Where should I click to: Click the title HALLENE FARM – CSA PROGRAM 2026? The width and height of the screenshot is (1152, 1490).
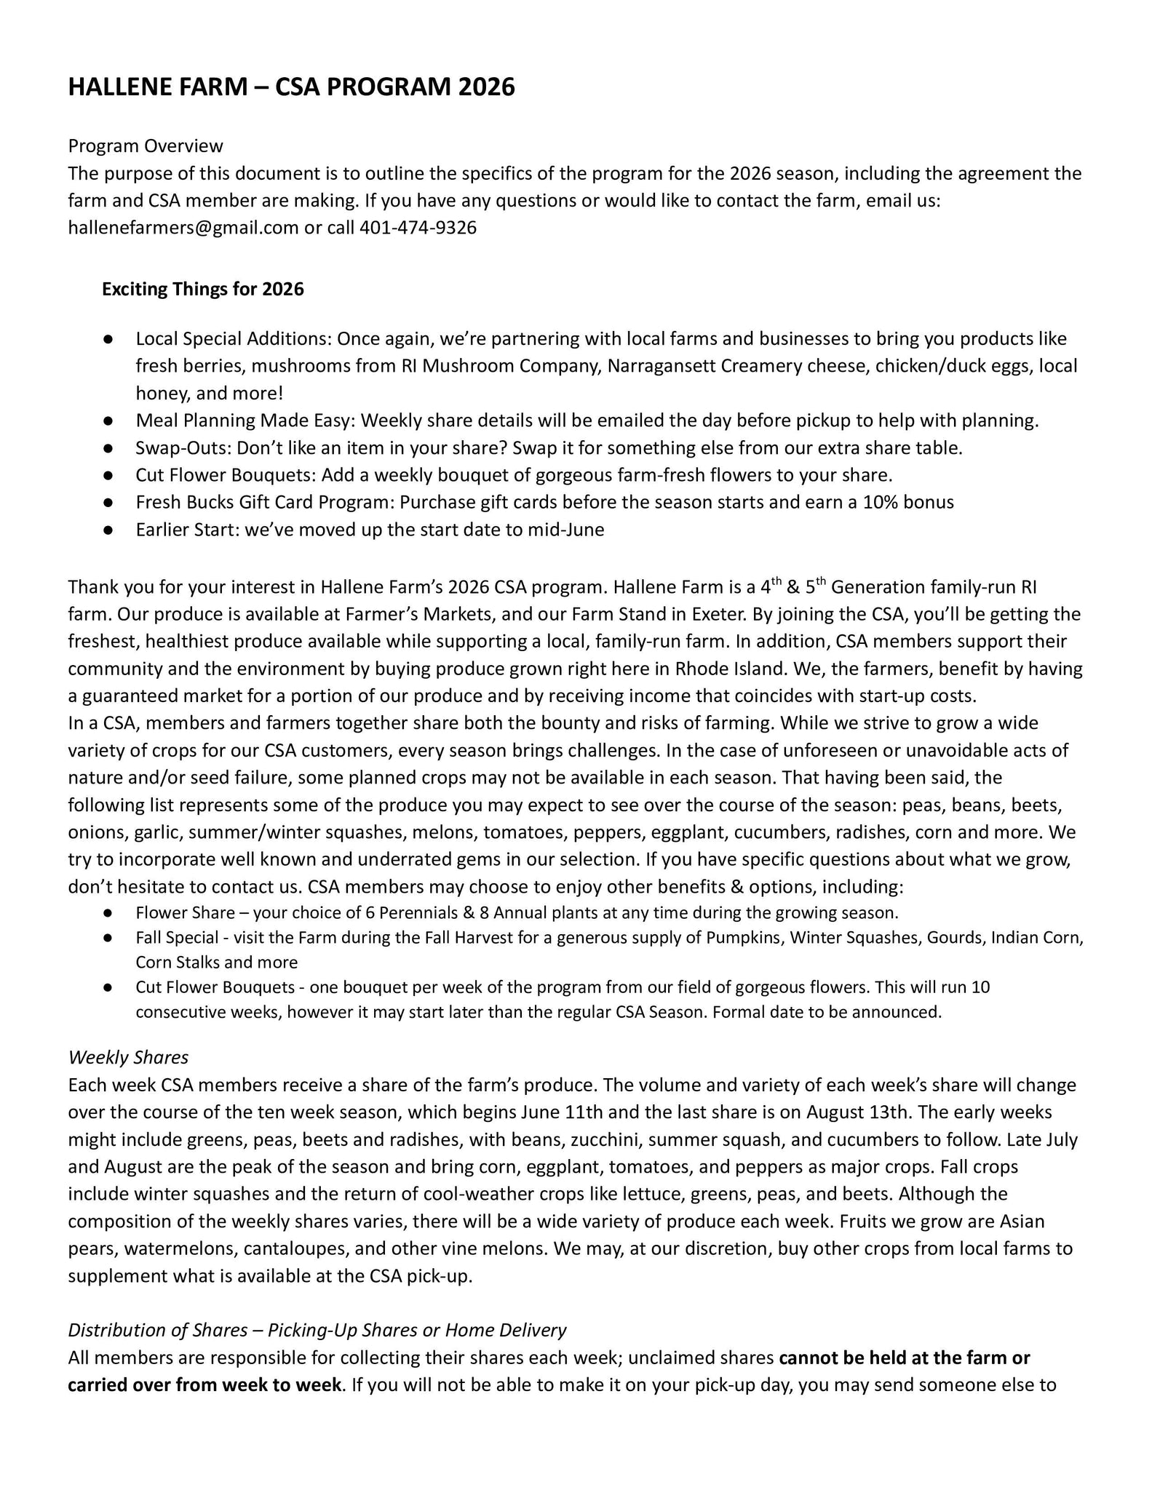291,87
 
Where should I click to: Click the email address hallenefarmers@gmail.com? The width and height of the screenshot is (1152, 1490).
183,228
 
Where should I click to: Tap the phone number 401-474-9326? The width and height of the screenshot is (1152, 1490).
418,228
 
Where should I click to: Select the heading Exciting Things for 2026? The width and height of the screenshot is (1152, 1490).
202,290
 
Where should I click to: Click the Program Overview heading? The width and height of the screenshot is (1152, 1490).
146,146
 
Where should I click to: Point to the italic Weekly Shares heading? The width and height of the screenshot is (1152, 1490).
128,1057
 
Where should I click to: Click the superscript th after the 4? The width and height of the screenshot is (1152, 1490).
778,581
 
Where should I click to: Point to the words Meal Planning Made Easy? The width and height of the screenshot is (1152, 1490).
245,421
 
